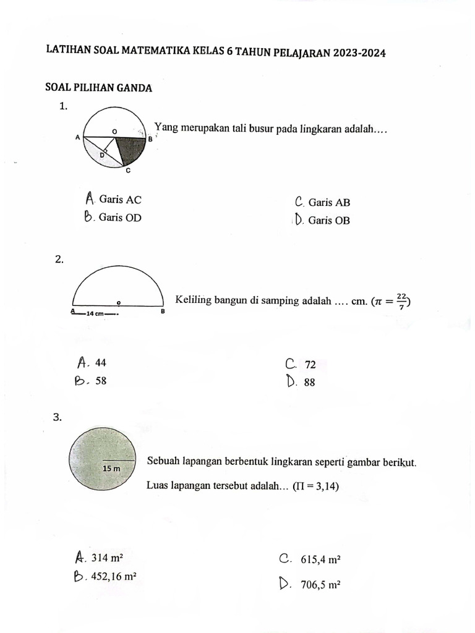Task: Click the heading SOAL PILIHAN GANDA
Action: point(98,88)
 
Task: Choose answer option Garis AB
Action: point(329,202)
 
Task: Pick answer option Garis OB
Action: point(329,220)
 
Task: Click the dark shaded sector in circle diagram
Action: point(129,148)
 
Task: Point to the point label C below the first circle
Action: point(127,170)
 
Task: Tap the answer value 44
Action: point(101,363)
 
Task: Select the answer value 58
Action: point(101,381)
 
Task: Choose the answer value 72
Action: point(310,365)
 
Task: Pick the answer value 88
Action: point(310,383)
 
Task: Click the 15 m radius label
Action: point(111,469)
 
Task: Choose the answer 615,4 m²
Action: point(321,560)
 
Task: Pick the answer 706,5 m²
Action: point(321,585)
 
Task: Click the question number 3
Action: point(59,418)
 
